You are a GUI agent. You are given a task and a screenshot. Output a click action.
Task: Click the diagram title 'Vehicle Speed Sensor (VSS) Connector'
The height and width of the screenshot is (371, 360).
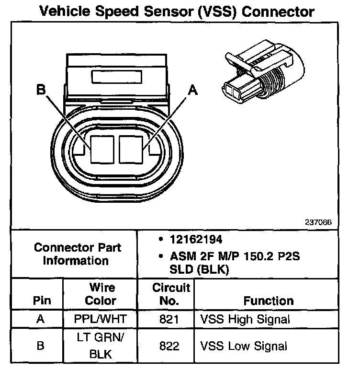point(177,12)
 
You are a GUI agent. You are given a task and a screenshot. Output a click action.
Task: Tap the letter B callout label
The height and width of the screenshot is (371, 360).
point(41,89)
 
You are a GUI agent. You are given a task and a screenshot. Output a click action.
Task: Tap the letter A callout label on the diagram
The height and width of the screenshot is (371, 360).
point(193,89)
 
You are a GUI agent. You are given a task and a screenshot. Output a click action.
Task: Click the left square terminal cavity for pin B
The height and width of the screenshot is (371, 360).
point(101,149)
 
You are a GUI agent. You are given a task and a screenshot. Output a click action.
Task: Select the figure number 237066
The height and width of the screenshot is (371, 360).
point(318,222)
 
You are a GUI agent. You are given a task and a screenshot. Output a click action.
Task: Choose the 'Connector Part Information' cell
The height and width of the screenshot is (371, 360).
point(77,254)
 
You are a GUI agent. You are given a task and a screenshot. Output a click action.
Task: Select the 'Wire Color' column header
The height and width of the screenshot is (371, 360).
point(101,294)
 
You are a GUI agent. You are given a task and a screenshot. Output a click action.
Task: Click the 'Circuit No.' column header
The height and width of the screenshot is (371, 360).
point(171,294)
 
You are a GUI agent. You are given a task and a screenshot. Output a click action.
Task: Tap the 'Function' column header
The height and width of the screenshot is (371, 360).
point(268,301)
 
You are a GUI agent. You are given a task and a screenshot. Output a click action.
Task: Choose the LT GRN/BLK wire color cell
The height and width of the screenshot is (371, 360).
point(101,346)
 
